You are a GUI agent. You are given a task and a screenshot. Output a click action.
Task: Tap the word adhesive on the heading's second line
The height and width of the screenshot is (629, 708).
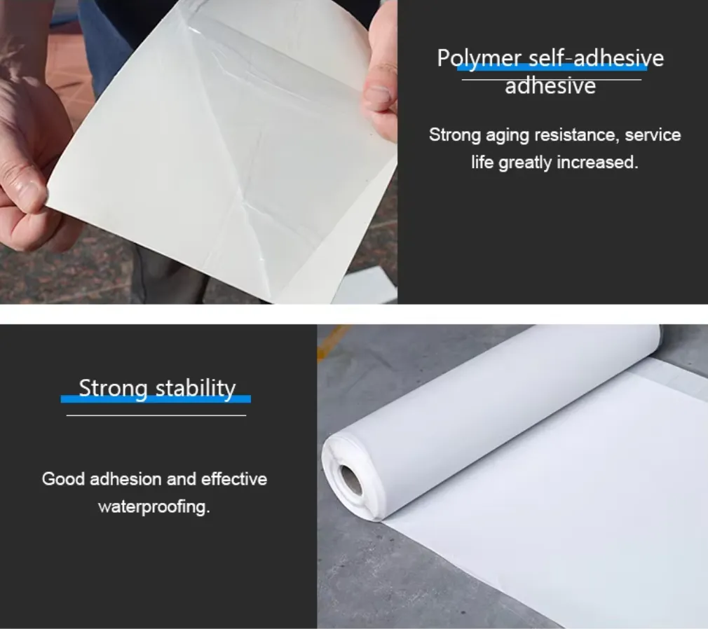click(x=550, y=85)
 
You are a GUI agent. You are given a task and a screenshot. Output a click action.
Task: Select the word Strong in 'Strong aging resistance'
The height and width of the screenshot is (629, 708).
click(x=455, y=135)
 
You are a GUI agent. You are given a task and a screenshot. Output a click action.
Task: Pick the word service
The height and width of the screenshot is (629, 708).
click(x=653, y=135)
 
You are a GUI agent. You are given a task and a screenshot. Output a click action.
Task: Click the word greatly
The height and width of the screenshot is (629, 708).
click(x=524, y=163)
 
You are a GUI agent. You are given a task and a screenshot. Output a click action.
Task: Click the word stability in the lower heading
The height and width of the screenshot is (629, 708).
click(x=196, y=389)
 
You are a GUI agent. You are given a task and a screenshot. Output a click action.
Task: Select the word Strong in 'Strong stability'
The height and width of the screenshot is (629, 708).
click(x=114, y=389)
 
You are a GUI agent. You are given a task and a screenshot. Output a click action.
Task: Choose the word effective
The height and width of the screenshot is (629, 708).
click(x=234, y=478)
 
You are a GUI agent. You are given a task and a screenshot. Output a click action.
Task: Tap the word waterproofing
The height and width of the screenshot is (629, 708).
click(x=154, y=506)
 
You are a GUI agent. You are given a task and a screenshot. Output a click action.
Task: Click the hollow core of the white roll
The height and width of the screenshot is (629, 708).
click(x=350, y=480)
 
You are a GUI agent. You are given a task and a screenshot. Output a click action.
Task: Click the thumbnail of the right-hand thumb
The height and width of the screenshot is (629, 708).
click(x=378, y=95)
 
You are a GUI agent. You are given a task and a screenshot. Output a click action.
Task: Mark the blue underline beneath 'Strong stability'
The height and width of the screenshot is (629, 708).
click(x=156, y=399)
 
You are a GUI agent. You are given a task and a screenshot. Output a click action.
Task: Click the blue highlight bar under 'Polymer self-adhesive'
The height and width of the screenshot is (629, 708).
click(x=552, y=67)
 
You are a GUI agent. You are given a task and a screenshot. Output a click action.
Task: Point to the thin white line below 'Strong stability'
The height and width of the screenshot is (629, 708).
click(x=156, y=415)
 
